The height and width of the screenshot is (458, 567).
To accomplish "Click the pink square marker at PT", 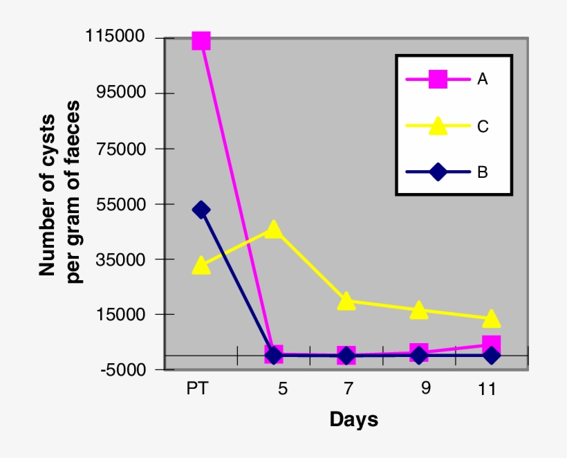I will point(201,41).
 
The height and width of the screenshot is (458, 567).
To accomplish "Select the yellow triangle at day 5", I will point(274,230).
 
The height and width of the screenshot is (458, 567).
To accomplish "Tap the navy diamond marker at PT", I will point(201,210).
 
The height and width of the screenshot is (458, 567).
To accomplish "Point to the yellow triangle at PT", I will point(201,266).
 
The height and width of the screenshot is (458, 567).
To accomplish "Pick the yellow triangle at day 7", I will point(346,301).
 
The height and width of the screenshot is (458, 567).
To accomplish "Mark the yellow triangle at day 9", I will point(419,310).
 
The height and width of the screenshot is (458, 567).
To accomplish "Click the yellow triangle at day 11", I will point(492,319).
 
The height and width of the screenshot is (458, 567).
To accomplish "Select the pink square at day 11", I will point(492,344).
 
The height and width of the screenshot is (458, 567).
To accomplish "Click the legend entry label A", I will point(482,79).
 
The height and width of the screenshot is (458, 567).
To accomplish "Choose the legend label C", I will point(483,126).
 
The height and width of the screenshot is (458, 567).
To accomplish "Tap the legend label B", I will point(482,172).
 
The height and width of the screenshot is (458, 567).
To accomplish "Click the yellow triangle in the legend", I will point(437,126).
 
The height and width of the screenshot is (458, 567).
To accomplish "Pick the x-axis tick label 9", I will point(425,388).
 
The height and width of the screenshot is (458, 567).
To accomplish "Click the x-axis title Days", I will point(354,419).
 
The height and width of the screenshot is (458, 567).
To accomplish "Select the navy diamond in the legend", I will point(437,172).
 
